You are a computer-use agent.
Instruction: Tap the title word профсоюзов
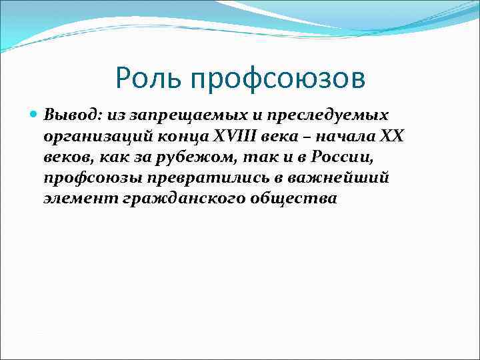coord(278,79)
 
